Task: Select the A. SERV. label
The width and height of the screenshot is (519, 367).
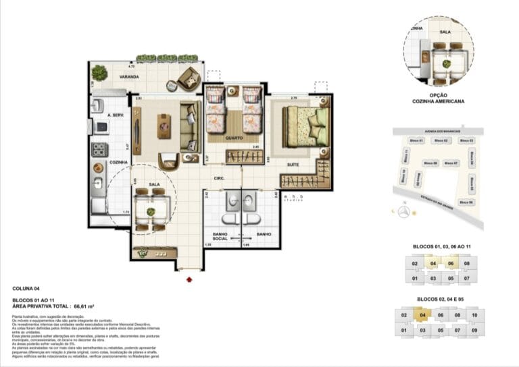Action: pos(99,115)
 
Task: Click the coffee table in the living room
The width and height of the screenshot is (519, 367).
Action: pos(164,125)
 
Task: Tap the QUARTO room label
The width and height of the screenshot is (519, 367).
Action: pos(234,138)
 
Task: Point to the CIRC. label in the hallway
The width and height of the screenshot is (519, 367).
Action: pos(219,179)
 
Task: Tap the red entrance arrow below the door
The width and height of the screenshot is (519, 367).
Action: pos(189,277)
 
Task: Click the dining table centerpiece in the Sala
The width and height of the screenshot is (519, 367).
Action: pos(150,212)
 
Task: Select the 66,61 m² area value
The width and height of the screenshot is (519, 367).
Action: pos(84,306)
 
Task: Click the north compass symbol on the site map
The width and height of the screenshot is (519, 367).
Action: pos(403,212)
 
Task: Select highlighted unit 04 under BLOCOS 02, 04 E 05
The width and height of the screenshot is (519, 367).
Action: pos(422,315)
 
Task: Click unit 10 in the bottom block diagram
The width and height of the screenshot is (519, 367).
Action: pos(474,315)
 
